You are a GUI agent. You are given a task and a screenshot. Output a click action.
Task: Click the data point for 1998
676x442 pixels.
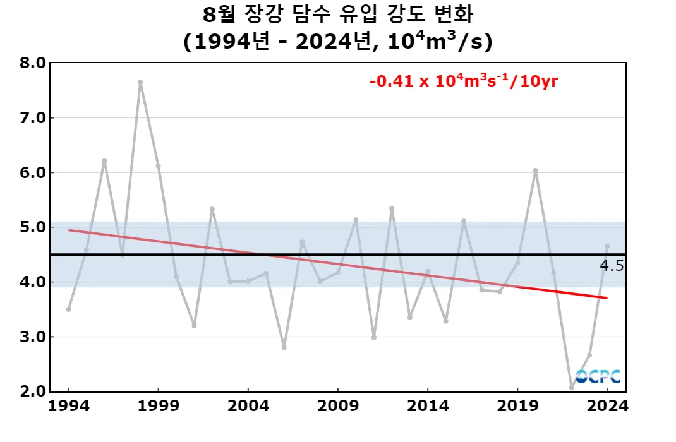pyautogui.click(x=140, y=82)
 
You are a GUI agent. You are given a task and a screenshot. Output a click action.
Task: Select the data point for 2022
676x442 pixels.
pyautogui.click(x=571, y=387)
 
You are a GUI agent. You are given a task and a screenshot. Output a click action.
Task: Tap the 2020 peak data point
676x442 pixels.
pyautogui.click(x=536, y=170)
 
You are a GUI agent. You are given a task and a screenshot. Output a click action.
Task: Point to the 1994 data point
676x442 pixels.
pyautogui.click(x=68, y=309)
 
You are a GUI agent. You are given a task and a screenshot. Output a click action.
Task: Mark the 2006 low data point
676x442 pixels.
pyautogui.click(x=284, y=347)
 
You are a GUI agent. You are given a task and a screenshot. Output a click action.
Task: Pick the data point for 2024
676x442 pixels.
pyautogui.click(x=607, y=246)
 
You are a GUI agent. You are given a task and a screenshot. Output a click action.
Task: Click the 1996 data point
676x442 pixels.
pyautogui.click(x=104, y=161)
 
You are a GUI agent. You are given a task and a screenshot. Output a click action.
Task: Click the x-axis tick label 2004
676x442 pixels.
pyautogui.click(x=248, y=406)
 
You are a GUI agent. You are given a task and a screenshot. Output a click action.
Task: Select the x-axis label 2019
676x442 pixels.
pyautogui.click(x=517, y=406)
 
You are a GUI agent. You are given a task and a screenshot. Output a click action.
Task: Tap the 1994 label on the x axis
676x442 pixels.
pyautogui.click(x=68, y=406)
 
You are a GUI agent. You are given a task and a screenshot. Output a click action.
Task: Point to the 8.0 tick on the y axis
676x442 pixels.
pyautogui.click(x=32, y=63)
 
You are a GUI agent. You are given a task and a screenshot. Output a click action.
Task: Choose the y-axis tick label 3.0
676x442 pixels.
pyautogui.click(x=32, y=337)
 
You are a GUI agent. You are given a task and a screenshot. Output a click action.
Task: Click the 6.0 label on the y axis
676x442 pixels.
pyautogui.click(x=32, y=172)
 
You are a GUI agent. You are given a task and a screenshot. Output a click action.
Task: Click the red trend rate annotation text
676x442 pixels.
pyautogui.click(x=464, y=81)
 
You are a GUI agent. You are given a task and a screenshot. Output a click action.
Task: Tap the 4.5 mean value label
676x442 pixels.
pyautogui.click(x=612, y=266)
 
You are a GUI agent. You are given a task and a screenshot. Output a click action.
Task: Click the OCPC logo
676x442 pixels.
pyautogui.click(x=598, y=376)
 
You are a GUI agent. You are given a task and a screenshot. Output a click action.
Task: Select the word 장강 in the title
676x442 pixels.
pyautogui.click(x=266, y=14)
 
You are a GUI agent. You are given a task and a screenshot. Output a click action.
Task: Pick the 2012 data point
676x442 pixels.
pyautogui.click(x=392, y=208)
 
